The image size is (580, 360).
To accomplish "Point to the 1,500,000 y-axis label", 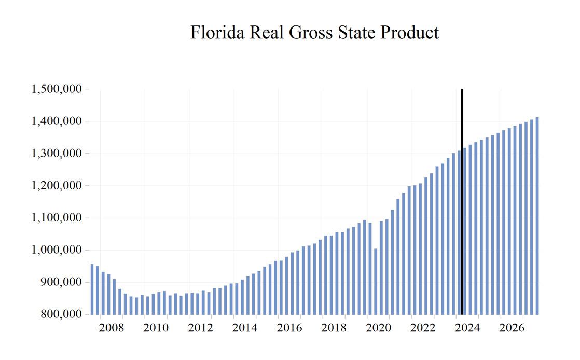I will click(x=57, y=89).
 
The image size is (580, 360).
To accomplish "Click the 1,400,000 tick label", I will click(x=57, y=121).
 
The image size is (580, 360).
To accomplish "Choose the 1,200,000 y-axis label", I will click(x=57, y=186).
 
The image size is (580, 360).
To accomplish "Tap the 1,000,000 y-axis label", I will click(x=57, y=250).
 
